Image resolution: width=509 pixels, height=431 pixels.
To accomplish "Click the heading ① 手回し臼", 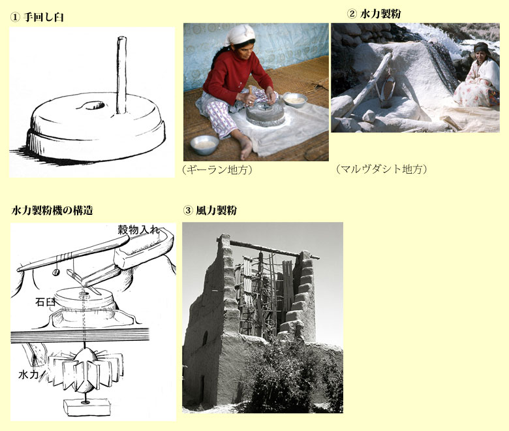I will pyautogui.click(x=37, y=18).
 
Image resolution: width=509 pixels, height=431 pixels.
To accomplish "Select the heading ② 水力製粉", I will pyautogui.click(x=375, y=13).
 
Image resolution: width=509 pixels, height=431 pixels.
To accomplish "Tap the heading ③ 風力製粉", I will pyautogui.click(x=209, y=210).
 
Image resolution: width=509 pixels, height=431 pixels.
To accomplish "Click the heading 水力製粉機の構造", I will pyautogui.click(x=52, y=210).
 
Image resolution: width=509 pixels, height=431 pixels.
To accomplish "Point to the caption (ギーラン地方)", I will pyautogui.click(x=217, y=170).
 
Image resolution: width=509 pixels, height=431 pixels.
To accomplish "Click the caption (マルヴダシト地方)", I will pyautogui.click(x=382, y=169).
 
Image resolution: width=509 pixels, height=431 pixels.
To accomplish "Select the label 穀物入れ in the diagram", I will pyautogui.click(x=138, y=229).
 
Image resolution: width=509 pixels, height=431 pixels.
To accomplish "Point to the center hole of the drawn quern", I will pyautogui.click(x=92, y=104).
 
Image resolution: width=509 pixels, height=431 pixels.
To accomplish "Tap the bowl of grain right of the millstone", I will pyautogui.click(x=295, y=99).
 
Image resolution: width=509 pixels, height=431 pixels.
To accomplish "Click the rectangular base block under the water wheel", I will pyautogui.click(x=85, y=407).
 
